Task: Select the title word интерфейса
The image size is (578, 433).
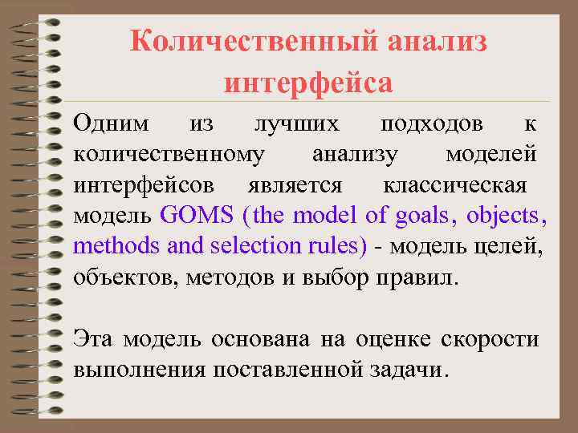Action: coord(308,82)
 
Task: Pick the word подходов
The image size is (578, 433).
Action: coord(432,124)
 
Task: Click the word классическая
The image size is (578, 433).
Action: coord(454,185)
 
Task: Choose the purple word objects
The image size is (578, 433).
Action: coord(507,216)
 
